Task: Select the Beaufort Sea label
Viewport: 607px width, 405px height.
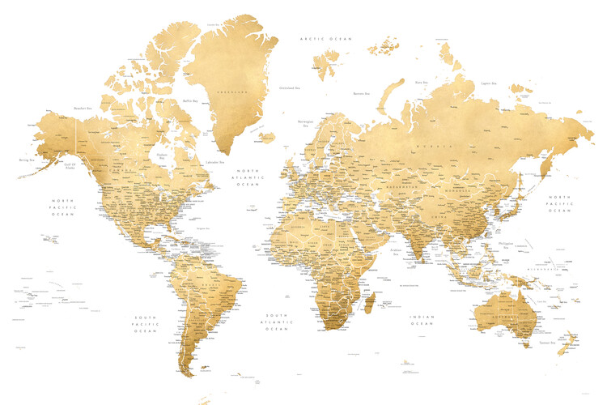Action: (82, 107)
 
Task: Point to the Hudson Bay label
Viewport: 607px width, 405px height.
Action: (162, 156)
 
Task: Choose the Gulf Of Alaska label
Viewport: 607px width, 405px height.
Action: (70, 165)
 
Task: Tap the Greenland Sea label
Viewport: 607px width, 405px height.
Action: (287, 87)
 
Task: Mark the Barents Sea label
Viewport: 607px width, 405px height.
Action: (362, 93)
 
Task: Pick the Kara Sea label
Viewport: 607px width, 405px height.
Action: (421, 82)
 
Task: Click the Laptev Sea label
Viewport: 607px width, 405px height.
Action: (487, 82)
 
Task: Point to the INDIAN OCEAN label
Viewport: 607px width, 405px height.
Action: (422, 322)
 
